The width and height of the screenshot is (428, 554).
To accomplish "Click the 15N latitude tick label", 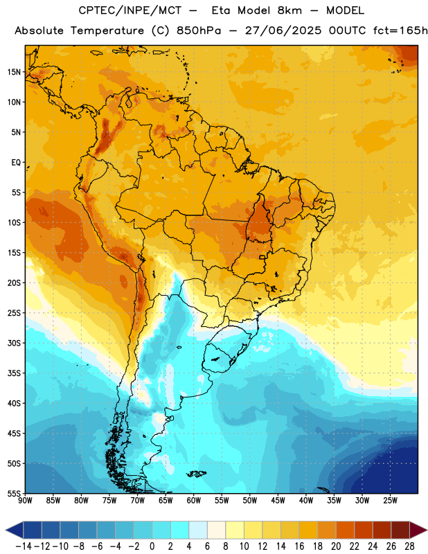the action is [x=14, y=72].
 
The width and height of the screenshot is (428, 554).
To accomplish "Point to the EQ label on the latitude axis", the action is [x=16, y=163].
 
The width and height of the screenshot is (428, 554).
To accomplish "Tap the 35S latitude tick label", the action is [x=14, y=373].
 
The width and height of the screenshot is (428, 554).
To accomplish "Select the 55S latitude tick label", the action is [x=14, y=493].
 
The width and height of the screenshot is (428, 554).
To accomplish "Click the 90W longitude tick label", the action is [x=25, y=501].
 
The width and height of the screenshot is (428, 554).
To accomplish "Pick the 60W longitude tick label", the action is [x=194, y=501].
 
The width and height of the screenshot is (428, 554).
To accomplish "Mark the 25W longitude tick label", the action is [x=390, y=501].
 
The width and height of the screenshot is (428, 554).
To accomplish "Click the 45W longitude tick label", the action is [x=278, y=501].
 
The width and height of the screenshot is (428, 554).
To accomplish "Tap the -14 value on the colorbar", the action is [x=24, y=546].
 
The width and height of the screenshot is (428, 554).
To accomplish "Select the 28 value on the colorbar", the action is [x=409, y=546].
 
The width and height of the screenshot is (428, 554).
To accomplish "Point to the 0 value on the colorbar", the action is [x=152, y=546].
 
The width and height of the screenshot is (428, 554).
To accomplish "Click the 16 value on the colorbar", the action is [x=299, y=546].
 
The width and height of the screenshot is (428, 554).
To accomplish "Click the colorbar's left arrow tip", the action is [x=6, y=530].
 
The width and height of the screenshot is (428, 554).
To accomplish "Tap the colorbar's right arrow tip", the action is [x=427, y=530].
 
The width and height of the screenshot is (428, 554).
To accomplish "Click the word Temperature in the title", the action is [x=107, y=30].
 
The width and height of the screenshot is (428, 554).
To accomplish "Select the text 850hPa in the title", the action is [x=198, y=30].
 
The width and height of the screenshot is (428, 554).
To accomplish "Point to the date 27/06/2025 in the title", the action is [x=283, y=30].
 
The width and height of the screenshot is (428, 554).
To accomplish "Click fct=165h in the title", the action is [x=400, y=30].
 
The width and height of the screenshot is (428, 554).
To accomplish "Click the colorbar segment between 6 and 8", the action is [x=216, y=530].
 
